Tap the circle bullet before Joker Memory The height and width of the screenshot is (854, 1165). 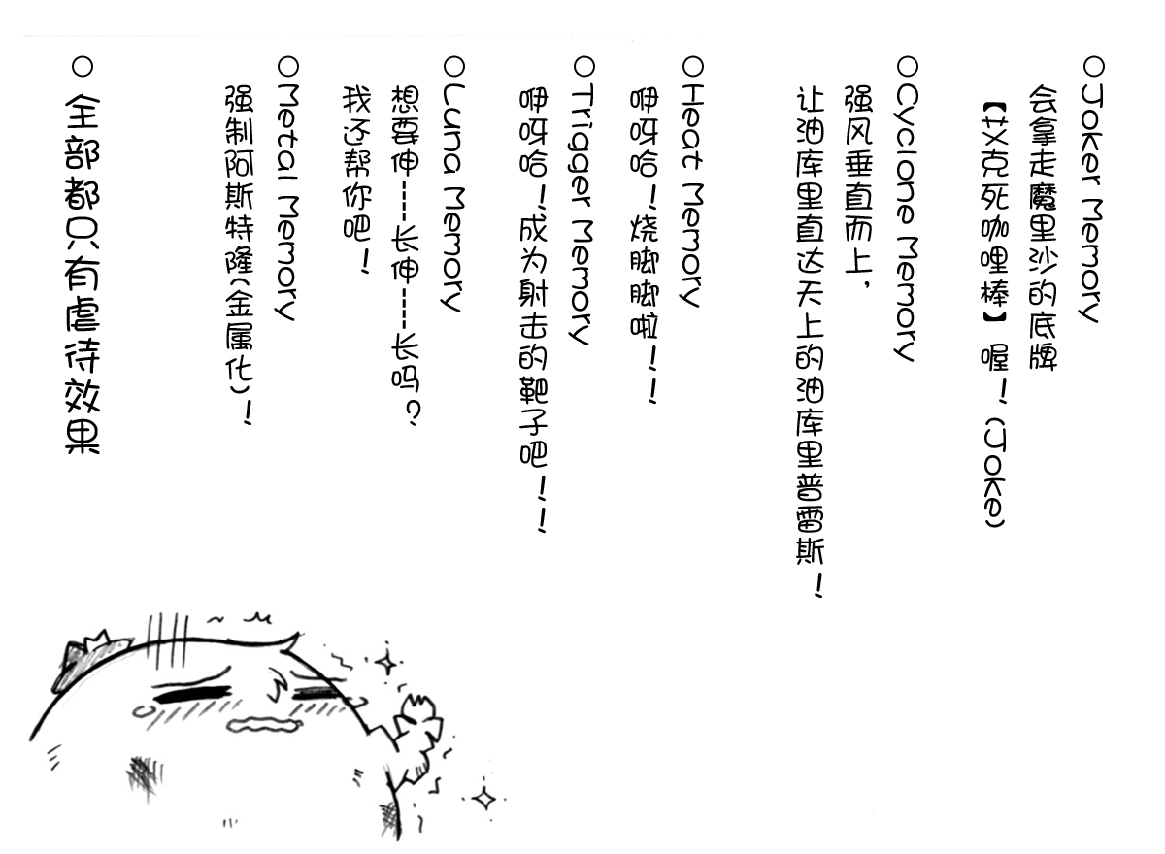click(1093, 67)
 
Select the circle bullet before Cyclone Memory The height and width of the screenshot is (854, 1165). click(907, 67)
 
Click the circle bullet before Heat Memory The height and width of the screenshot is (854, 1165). click(692, 67)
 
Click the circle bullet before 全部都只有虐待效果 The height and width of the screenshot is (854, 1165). click(83, 67)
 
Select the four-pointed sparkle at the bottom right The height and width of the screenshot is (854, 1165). click(483, 800)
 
